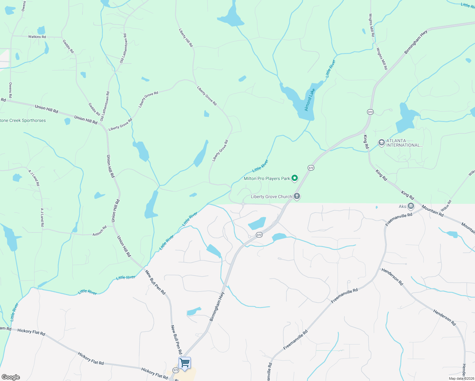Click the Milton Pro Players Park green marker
pos(295,178)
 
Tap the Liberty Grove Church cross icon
pos(297,196)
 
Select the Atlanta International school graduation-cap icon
pos(381,143)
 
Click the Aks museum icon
pos(411,206)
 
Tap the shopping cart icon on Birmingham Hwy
pos(184,363)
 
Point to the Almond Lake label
pos(310,100)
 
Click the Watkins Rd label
pos(37,37)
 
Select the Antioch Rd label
pos(100,231)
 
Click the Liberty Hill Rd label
pos(186,38)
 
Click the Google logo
pos(11,377)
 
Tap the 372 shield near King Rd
pos(370,112)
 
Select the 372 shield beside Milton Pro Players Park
pos(311,168)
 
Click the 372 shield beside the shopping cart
pos(176,370)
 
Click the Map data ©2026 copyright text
pos(461,378)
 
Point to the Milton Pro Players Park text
pos(267,178)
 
